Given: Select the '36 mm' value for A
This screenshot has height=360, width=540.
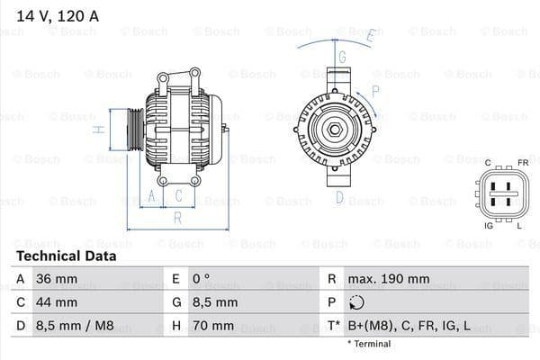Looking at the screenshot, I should click(56, 279).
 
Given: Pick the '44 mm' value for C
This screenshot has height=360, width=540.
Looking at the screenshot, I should click(56, 302).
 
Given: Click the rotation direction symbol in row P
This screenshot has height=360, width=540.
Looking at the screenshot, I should click(358, 303).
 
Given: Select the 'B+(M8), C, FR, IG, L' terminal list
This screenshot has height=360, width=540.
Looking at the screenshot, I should click(410, 326).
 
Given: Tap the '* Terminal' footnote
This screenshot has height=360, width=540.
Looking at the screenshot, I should click(370, 344).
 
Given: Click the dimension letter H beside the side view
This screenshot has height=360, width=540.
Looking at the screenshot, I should click(101, 130).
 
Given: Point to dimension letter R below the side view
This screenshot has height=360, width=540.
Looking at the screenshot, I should click(178, 218).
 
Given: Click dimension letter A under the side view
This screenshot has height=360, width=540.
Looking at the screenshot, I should click(152, 195).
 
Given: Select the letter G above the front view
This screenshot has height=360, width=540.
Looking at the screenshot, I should click(342, 56).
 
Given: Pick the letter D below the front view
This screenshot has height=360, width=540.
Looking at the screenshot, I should click(340, 197).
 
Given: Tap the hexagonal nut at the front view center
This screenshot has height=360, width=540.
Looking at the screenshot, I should click(332, 131).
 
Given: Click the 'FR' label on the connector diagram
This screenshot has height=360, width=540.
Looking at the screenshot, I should click(522, 163).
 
